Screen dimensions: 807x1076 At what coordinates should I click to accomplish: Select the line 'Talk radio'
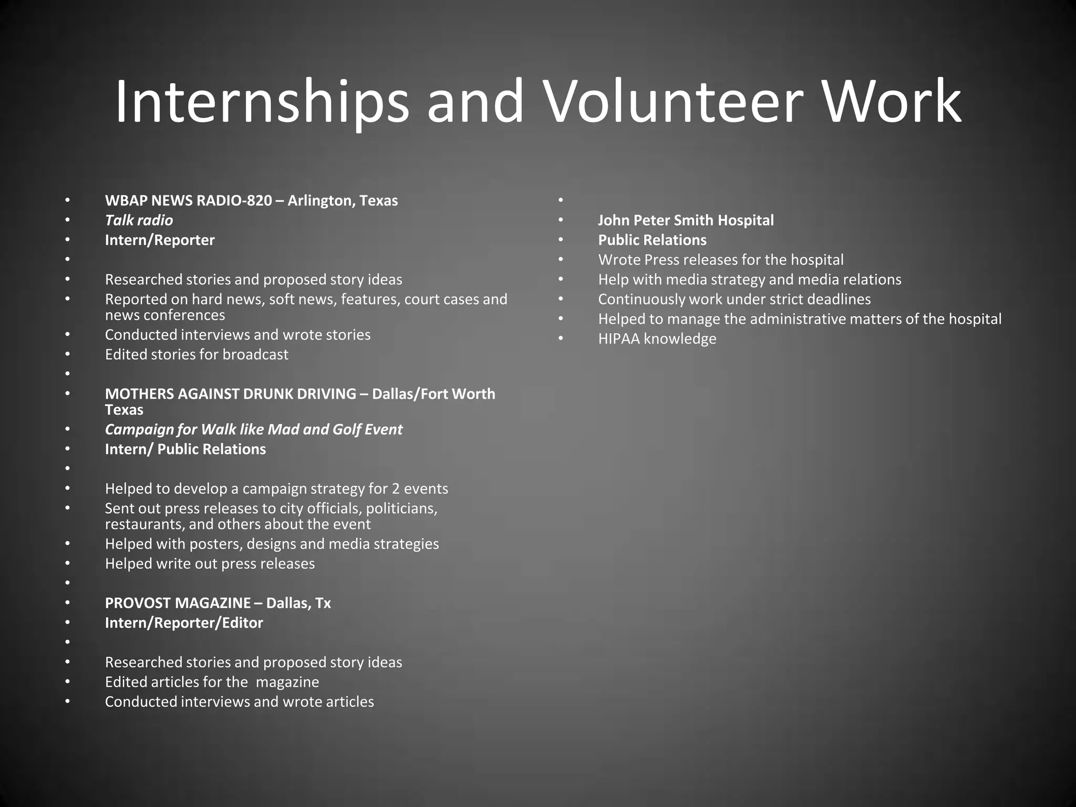[x=139, y=220]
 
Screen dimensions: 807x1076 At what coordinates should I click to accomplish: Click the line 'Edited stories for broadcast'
[x=196, y=355]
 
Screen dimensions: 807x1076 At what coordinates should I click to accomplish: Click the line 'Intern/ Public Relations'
[x=185, y=449]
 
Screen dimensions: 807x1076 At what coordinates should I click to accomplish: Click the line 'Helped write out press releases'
[x=210, y=564]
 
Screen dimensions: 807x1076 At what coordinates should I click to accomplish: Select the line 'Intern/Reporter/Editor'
[x=184, y=623]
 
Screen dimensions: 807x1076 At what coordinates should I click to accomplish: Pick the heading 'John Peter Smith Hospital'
[x=686, y=220]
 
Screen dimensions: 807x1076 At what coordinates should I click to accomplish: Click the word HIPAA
[x=618, y=339]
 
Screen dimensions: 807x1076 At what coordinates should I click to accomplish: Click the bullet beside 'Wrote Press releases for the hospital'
[x=561, y=260]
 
